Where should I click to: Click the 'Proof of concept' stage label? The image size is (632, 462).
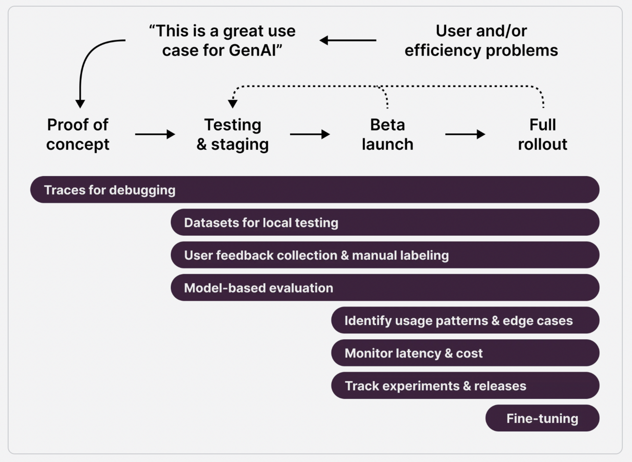point(78,134)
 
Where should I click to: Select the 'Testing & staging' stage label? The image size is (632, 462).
point(232,134)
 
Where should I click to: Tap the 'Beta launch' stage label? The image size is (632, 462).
point(387,134)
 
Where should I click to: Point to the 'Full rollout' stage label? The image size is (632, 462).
point(542,134)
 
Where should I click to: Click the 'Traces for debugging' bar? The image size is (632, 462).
point(315,190)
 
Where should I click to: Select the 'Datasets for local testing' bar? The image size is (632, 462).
point(384,222)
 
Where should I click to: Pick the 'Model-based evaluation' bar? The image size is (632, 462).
point(384,287)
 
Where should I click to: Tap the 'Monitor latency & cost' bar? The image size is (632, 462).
point(465,353)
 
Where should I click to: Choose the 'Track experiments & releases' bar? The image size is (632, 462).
point(465,386)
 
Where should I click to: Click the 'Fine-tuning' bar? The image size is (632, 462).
point(542,418)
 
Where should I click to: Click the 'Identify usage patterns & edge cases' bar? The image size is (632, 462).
point(465,320)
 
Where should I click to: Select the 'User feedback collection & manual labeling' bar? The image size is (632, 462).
point(384,255)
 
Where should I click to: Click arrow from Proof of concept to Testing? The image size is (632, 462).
point(155,134)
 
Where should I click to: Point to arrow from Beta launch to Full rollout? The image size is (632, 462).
point(465,134)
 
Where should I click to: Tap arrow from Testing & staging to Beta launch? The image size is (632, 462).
point(310,134)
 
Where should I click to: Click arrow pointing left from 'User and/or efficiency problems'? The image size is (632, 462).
point(348,40)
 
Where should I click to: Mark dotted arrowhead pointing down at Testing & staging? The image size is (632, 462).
point(233,103)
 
